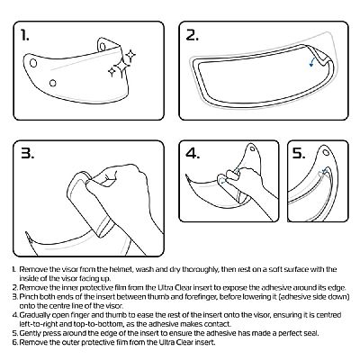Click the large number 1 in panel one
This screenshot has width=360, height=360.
[x=25, y=35]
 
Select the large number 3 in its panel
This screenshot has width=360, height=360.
[x=28, y=153]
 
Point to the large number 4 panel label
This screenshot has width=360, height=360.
[x=193, y=153]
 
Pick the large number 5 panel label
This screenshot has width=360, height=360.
[x=299, y=153]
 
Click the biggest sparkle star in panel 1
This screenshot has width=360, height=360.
[x=121, y=65]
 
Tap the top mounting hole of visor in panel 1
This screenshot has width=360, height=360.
[x=103, y=47]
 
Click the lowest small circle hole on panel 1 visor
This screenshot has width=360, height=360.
[x=53, y=83]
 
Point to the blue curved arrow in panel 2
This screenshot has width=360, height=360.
[x=312, y=61]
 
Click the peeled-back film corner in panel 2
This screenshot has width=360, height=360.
[x=326, y=58]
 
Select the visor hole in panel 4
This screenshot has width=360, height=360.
[x=253, y=148]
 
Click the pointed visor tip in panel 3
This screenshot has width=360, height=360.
[x=26, y=232]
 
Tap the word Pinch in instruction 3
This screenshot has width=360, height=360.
[x=28, y=297]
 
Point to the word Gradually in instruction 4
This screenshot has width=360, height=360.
[x=34, y=315]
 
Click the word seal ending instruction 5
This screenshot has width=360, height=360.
[x=311, y=333]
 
